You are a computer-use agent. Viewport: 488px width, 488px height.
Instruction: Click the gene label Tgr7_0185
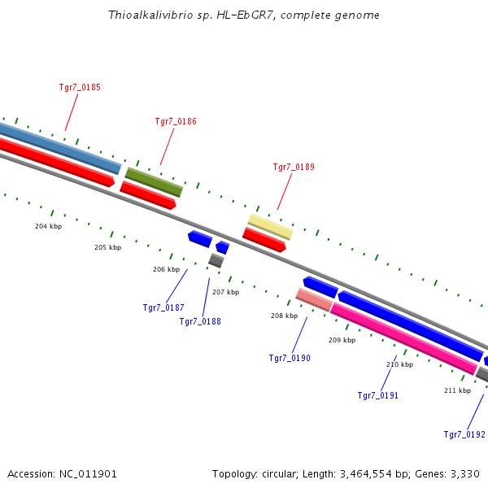coord(80,87)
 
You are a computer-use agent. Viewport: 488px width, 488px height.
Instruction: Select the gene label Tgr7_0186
coord(176,121)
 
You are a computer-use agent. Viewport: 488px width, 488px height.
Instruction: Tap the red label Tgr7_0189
coord(294,167)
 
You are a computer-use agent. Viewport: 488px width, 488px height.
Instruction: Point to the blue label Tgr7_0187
coord(163,307)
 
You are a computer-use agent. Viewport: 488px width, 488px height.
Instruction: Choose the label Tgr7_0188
coord(200,321)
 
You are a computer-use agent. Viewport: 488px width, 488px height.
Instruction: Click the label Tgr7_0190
coord(290,358)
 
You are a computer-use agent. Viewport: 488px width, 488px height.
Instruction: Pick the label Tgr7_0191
coord(378,395)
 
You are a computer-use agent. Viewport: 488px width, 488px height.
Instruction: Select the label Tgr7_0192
coord(464,434)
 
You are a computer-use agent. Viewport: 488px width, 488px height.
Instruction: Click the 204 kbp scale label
coord(48,226)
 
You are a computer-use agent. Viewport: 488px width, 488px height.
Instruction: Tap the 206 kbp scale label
coord(166,269)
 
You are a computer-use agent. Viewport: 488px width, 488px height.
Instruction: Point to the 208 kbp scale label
coord(284,316)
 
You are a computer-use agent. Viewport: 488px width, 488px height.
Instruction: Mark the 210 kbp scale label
coord(399,364)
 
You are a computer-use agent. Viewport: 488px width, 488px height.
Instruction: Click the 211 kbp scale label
coord(457,390)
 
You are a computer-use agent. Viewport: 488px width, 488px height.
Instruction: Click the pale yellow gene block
coord(270,227)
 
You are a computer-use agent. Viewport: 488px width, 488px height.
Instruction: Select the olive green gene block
coord(154,182)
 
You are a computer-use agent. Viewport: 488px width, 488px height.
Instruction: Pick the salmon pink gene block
coord(314,300)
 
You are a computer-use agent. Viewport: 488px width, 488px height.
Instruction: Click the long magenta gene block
coord(403,339)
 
